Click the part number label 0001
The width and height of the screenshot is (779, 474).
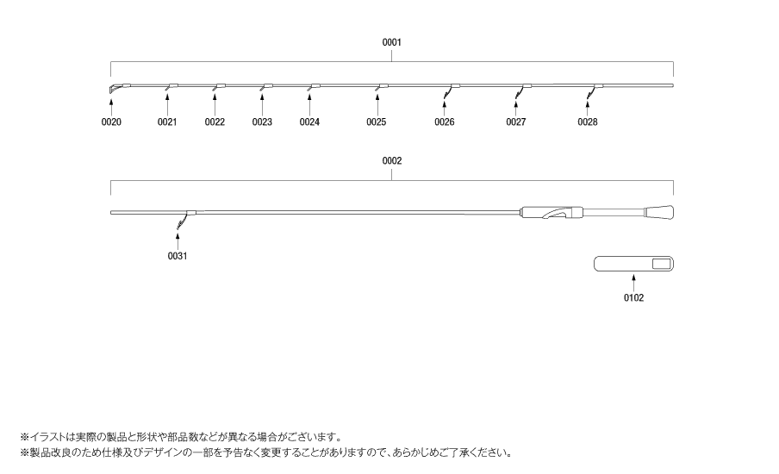391,42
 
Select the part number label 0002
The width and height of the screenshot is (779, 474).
391,160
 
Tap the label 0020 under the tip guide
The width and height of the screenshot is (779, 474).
111,122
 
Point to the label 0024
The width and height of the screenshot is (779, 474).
309,122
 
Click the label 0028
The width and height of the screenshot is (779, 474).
588,122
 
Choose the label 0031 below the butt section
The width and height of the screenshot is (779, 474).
178,256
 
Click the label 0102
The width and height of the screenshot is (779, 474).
633,297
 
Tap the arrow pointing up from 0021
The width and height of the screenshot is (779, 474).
167,104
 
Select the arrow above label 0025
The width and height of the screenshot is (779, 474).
378,104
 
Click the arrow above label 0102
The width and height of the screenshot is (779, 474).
633,283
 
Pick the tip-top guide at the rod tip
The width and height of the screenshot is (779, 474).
115,89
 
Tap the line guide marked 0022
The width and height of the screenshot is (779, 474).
219,87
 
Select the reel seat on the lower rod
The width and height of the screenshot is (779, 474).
552,213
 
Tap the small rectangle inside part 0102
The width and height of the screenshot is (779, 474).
661,264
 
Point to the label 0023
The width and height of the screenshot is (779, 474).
262,122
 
